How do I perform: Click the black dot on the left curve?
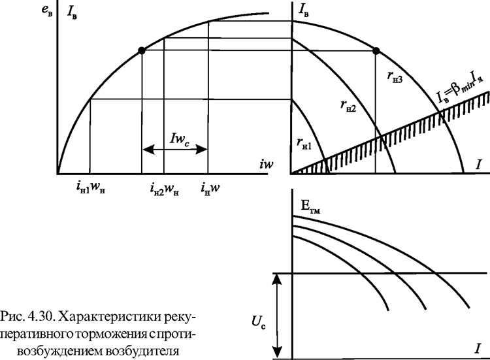(x=142, y=50)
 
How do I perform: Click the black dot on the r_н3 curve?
(x=376, y=50)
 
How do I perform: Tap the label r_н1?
(x=304, y=144)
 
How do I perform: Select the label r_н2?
(x=348, y=106)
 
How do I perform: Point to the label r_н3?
(x=395, y=76)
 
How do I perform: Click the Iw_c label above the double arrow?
(x=180, y=139)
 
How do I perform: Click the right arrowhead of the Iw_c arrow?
(x=201, y=150)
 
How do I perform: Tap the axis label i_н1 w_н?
(x=90, y=188)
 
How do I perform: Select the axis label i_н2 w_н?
(x=165, y=188)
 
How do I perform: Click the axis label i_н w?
(x=210, y=188)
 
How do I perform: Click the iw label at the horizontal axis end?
(x=267, y=164)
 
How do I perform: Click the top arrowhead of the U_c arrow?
(x=277, y=279)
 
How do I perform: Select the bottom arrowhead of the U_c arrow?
(x=277, y=353)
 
